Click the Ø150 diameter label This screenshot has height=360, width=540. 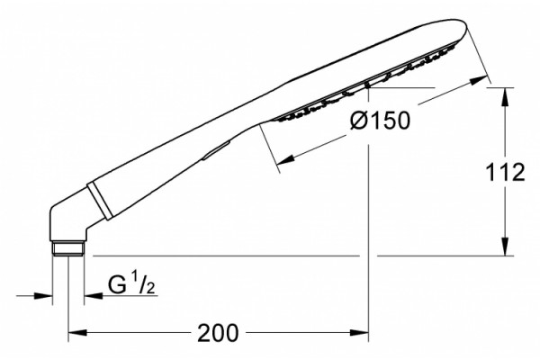point(380,121)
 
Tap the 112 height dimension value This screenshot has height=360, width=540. point(505,172)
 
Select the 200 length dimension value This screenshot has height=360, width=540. point(218,333)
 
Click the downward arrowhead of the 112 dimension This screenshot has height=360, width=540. point(505,247)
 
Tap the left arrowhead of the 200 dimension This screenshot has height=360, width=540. point(77,333)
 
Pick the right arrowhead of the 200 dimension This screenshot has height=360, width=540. point(359,333)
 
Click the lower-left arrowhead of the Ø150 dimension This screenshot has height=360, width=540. point(286,159)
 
